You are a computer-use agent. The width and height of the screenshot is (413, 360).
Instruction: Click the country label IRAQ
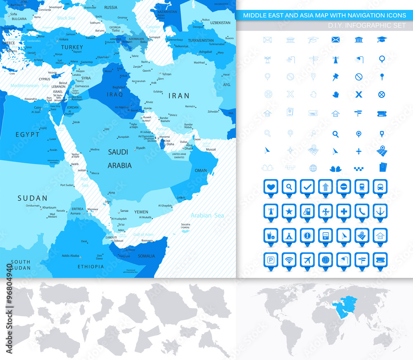[115, 95]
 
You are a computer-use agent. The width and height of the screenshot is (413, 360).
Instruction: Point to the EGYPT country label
[28, 135]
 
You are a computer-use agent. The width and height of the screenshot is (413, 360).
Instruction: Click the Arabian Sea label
[207, 215]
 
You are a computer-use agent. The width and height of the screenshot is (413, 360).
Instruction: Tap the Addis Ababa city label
[70, 256]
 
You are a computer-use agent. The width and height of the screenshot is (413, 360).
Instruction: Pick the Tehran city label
[166, 74]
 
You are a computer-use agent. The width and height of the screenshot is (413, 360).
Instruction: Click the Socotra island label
[185, 225]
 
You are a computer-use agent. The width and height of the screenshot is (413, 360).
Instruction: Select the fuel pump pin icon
[307, 211]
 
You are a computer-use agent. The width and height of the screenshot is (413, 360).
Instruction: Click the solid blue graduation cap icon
[382, 40]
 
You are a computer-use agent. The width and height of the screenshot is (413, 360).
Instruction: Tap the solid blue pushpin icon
[335, 76]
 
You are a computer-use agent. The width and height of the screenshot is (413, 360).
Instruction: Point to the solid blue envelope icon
[335, 40]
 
